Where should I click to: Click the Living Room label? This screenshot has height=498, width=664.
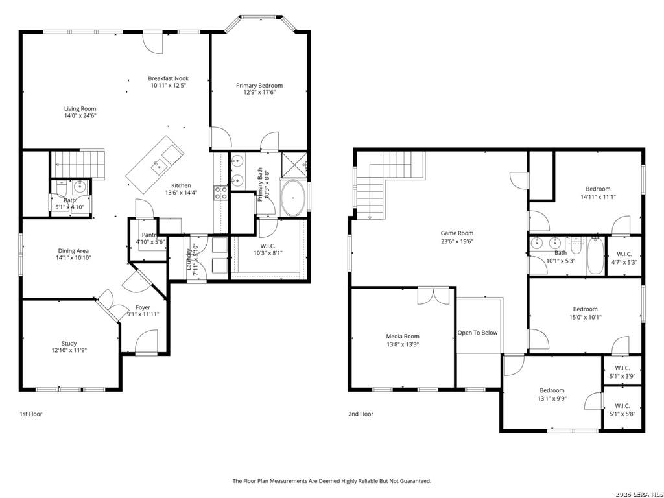click(x=80, y=108)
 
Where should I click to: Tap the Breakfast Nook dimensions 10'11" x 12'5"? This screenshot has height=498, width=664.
click(x=169, y=85)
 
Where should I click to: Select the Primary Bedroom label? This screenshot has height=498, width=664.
click(x=259, y=85)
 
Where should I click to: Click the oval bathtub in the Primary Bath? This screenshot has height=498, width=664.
click(x=293, y=198)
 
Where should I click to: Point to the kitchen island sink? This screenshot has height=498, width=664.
click(x=158, y=166)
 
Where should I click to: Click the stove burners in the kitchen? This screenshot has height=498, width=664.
click(x=220, y=193)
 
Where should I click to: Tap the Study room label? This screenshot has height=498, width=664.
click(x=69, y=344)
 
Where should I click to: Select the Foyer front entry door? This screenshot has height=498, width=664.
click(x=146, y=341)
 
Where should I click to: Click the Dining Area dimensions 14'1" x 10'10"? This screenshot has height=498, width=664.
click(x=74, y=257)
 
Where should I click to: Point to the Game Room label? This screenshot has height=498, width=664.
click(x=457, y=233)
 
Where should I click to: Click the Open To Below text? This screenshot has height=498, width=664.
click(x=477, y=333)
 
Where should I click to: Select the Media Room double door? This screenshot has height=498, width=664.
click(x=433, y=296)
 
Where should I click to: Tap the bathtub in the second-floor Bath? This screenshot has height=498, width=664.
click(x=595, y=255)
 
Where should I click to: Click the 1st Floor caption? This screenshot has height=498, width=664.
click(x=31, y=414)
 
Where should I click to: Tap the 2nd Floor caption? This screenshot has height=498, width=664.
click(x=361, y=414)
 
